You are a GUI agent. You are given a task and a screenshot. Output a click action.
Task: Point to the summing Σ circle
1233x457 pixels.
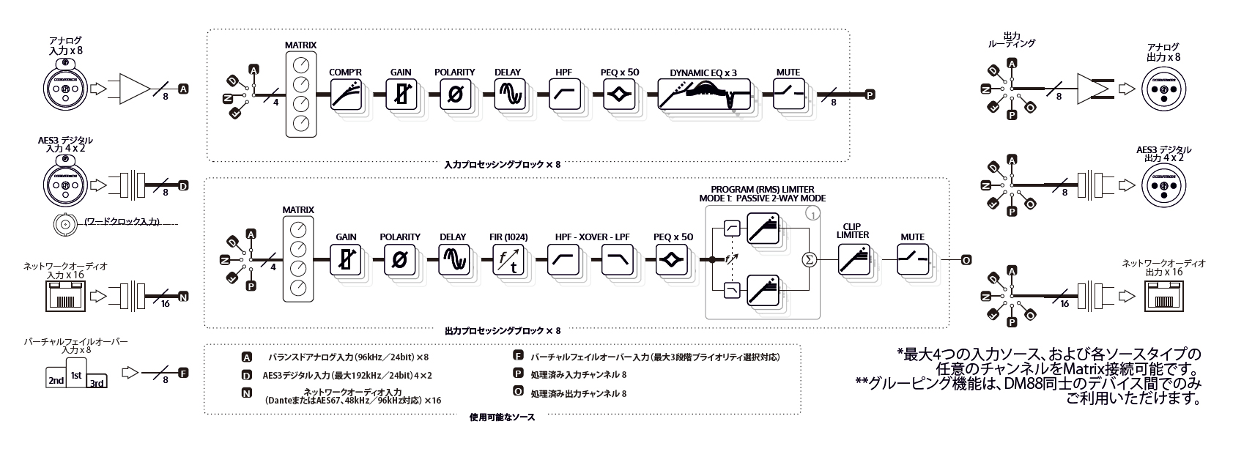point(810,260)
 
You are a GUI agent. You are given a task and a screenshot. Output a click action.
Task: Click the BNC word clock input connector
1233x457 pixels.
point(65,224)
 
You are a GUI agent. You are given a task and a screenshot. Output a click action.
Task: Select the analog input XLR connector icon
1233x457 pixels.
point(64,89)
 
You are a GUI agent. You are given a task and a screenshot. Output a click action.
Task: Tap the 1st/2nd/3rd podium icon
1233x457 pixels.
point(75,377)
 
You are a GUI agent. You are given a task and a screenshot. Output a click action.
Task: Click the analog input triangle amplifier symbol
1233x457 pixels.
point(132,89)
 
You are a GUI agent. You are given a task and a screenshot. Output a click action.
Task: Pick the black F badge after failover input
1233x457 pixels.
point(183,373)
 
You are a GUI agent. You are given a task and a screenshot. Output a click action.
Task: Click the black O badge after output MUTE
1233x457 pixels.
point(966,260)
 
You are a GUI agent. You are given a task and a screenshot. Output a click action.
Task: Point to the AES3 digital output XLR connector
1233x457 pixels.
point(1163,187)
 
